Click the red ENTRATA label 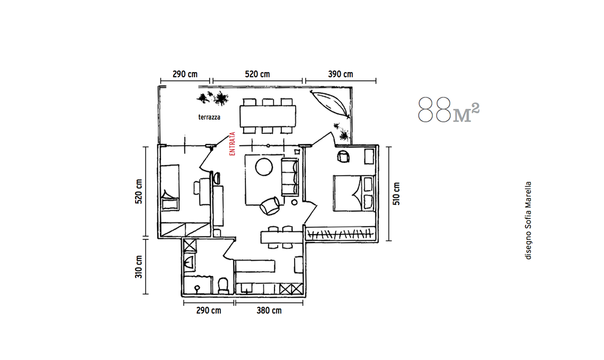click(x=232, y=143)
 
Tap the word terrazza click(x=209, y=117)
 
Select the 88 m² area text click(x=449, y=110)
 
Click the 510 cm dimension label click(x=396, y=194)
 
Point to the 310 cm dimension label click(x=139, y=266)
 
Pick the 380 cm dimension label click(x=269, y=310)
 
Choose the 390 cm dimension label click(x=341, y=74)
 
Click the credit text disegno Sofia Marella click(x=528, y=221)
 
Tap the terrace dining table click(x=268, y=115)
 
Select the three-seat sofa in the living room click(x=290, y=177)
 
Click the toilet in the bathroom click(x=223, y=285)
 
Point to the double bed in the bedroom click(x=354, y=193)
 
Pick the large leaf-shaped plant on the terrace click(x=331, y=104)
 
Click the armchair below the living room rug click(x=270, y=205)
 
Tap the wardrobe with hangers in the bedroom click(x=340, y=233)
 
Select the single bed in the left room click(x=170, y=187)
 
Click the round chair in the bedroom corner click(x=343, y=156)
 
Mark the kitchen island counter click(x=281, y=237)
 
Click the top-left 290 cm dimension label click(x=185, y=74)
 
